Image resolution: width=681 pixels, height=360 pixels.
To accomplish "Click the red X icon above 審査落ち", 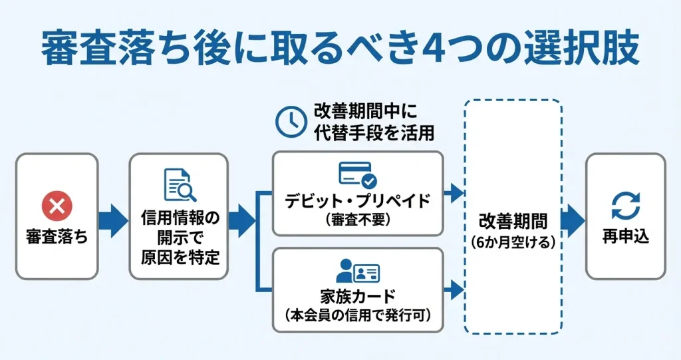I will pyautogui.click(x=57, y=206).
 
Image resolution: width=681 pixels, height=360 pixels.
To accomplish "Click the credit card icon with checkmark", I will pyautogui.click(x=358, y=174).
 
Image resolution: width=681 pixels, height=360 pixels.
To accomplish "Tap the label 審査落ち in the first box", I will pyautogui.click(x=57, y=236).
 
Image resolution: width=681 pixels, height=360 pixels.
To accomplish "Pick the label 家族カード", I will pyautogui.click(x=358, y=297).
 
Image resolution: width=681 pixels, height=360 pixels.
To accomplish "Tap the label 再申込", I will pyautogui.click(x=625, y=236).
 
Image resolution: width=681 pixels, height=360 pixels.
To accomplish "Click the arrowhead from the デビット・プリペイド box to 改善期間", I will pyautogui.click(x=456, y=194).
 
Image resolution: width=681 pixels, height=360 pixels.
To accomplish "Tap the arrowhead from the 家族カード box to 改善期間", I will pyautogui.click(x=456, y=289).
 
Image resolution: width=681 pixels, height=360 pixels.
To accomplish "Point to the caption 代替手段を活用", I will pyautogui.click(x=374, y=132).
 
